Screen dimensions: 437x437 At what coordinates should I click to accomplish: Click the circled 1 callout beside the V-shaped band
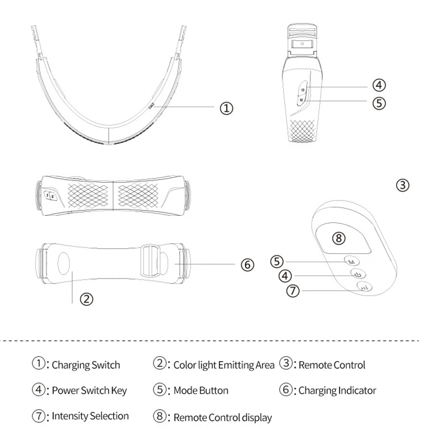pos(226,108)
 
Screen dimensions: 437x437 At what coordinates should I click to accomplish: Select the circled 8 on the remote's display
pos(339,238)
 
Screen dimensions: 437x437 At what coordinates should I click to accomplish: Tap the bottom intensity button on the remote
pos(364,286)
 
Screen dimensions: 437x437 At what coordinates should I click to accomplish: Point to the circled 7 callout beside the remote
pos(294,291)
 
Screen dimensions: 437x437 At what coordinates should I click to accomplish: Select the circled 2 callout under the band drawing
pos(86,299)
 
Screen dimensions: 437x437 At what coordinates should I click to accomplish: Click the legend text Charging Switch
pos(86,365)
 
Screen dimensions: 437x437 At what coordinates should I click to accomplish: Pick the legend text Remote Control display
pos(222,417)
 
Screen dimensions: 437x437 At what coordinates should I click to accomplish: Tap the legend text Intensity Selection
pos(90,416)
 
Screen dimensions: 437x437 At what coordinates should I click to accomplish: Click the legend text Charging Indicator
pos(337,391)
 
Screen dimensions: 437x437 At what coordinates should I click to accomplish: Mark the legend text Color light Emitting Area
pos(223,365)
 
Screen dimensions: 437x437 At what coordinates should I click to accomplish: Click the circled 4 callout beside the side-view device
pos(379,85)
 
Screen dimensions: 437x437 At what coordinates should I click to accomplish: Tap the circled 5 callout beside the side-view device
pos(379,102)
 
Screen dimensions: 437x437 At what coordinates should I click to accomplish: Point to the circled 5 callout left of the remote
pos(277,261)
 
